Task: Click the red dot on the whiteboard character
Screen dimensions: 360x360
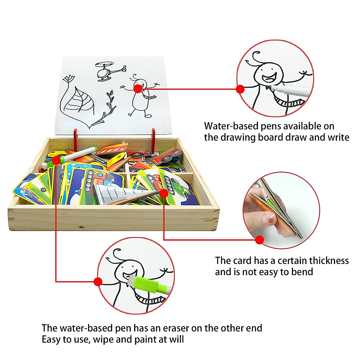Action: pyautogui.click(x=138, y=88)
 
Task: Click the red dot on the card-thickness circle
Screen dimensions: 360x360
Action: pyautogui.click(x=259, y=240)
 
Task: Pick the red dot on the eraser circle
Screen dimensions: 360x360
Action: pyautogui.click(x=98, y=281)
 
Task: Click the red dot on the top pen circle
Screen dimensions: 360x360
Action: pyautogui.click(x=240, y=89)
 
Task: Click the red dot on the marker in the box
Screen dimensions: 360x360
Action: pyautogui.click(x=56, y=161)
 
